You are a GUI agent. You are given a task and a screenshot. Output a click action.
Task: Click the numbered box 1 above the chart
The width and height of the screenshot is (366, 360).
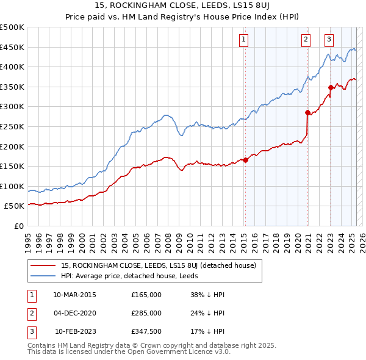(x=244, y=40)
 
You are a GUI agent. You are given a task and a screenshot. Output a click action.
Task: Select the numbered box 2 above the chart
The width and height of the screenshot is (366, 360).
(x=306, y=40)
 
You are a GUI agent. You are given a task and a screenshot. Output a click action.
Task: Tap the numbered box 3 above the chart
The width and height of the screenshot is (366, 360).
(x=329, y=40)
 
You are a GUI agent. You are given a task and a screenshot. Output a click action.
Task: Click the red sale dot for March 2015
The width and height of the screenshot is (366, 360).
(x=245, y=160)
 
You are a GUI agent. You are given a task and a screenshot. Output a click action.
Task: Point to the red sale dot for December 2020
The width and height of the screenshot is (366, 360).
(x=308, y=112)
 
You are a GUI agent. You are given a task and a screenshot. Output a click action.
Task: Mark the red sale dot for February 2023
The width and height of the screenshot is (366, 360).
(x=331, y=87)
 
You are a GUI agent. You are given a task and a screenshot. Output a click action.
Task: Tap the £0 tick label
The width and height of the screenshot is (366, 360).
(x=18, y=226)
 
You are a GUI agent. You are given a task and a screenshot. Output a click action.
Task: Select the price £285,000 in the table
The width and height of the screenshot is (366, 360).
(x=146, y=313)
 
